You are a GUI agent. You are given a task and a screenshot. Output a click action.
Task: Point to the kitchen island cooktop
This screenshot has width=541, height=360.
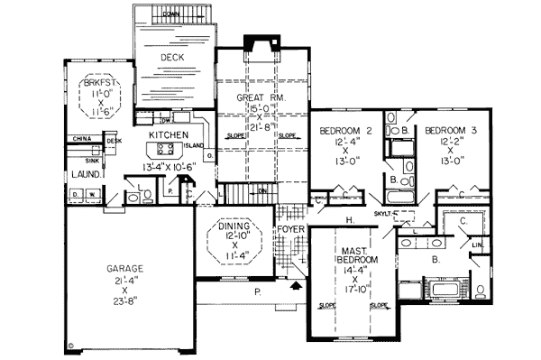coord(166,146)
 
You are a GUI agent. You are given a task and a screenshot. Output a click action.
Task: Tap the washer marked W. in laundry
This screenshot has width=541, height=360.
coord(93,193)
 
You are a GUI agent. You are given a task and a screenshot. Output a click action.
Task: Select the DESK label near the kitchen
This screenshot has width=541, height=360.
coord(114,141)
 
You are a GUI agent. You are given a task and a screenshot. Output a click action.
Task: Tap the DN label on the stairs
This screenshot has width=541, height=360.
coord(262,191)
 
